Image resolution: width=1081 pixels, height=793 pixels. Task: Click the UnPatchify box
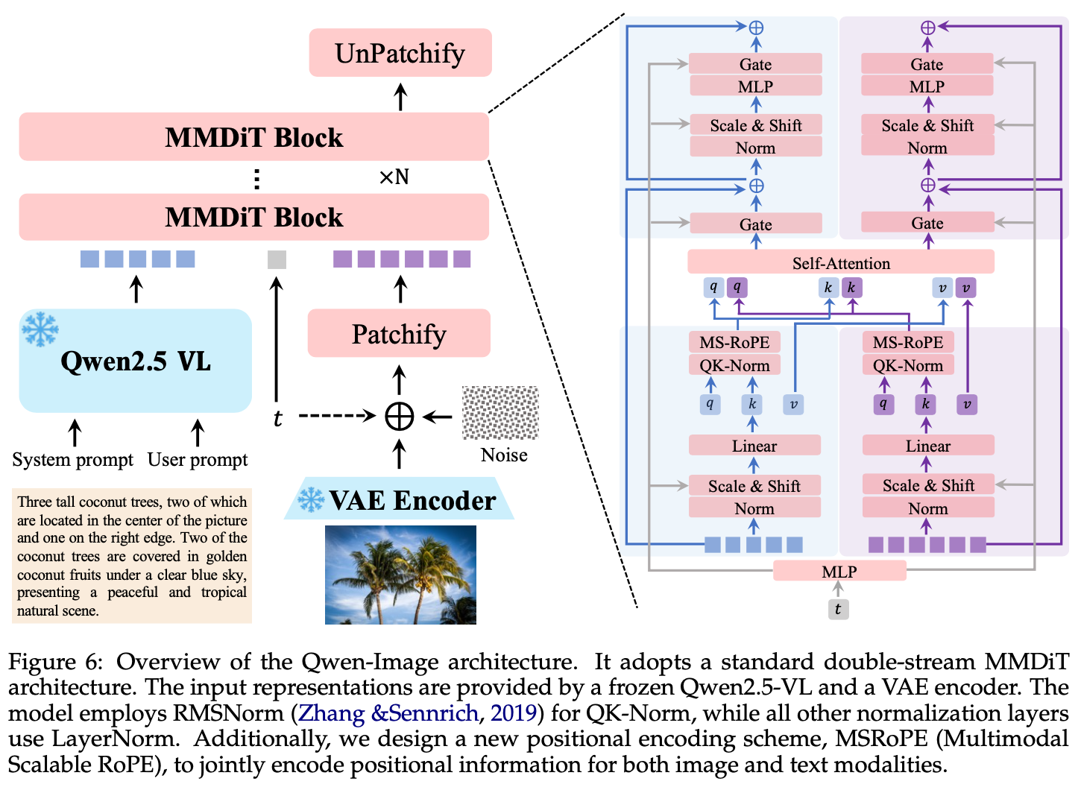click(400, 53)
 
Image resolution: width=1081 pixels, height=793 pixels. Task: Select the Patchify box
click(399, 334)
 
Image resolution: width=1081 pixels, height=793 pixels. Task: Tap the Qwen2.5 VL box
click(135, 361)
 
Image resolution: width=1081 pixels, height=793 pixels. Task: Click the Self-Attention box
click(840, 262)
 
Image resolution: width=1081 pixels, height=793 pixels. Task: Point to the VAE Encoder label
click(412, 500)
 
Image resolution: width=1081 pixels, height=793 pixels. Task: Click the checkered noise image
click(500, 412)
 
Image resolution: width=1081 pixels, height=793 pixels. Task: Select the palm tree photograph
click(400, 575)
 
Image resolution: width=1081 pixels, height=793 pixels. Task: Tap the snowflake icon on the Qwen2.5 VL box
click(40, 329)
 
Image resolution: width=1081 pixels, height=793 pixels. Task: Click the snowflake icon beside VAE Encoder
click(311, 499)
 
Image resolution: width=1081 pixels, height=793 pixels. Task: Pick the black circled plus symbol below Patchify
click(399, 416)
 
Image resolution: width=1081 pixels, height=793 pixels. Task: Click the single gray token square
click(277, 259)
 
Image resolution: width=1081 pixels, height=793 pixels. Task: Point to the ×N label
click(394, 177)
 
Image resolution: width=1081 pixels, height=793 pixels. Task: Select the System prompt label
click(72, 460)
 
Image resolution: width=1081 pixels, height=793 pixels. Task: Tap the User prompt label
click(198, 460)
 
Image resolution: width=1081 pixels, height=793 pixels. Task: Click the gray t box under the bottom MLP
click(838, 609)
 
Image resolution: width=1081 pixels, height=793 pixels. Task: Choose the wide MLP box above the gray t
click(839, 572)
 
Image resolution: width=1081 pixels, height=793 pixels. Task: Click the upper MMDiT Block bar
click(253, 137)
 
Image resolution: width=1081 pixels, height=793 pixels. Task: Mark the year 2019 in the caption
click(514, 713)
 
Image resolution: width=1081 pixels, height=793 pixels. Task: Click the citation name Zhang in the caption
click(331, 713)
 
